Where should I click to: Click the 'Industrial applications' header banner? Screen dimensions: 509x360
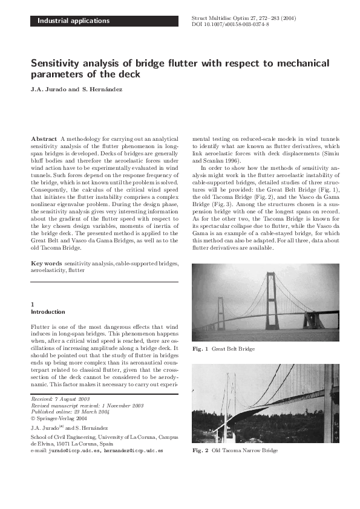pyautogui.click(x=74, y=21)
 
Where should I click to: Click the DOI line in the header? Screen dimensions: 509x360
pyautogui.click(x=231, y=25)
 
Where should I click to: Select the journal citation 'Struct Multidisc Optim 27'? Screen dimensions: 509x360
pyautogui.click(x=224, y=18)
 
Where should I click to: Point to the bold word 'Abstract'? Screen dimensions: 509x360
pyautogui.click(x=44, y=139)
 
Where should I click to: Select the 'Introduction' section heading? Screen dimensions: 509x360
pyautogui.click(x=48, y=312)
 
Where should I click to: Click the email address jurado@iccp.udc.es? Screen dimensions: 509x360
pyautogui.click(x=75, y=451)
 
